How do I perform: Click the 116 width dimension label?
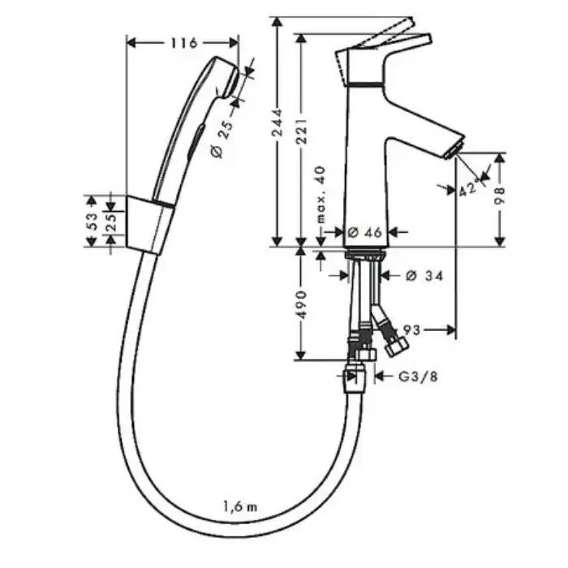click(x=184, y=43)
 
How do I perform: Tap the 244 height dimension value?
click(x=278, y=122)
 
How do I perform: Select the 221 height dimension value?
click(x=301, y=131)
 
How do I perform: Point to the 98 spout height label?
click(x=500, y=196)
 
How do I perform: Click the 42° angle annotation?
click(x=470, y=188)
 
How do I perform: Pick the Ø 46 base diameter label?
click(x=365, y=232)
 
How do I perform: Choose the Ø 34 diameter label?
click(x=424, y=276)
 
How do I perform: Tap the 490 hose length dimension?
click(x=301, y=304)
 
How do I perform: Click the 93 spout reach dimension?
click(x=411, y=329)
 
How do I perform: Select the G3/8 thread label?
click(x=419, y=377)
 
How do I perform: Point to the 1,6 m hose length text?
click(x=240, y=507)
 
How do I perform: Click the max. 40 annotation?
click(x=321, y=195)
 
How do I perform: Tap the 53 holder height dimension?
click(x=93, y=222)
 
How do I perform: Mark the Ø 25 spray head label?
click(x=222, y=140)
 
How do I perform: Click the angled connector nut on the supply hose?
click(x=397, y=346)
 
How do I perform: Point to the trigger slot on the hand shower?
click(x=196, y=140)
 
